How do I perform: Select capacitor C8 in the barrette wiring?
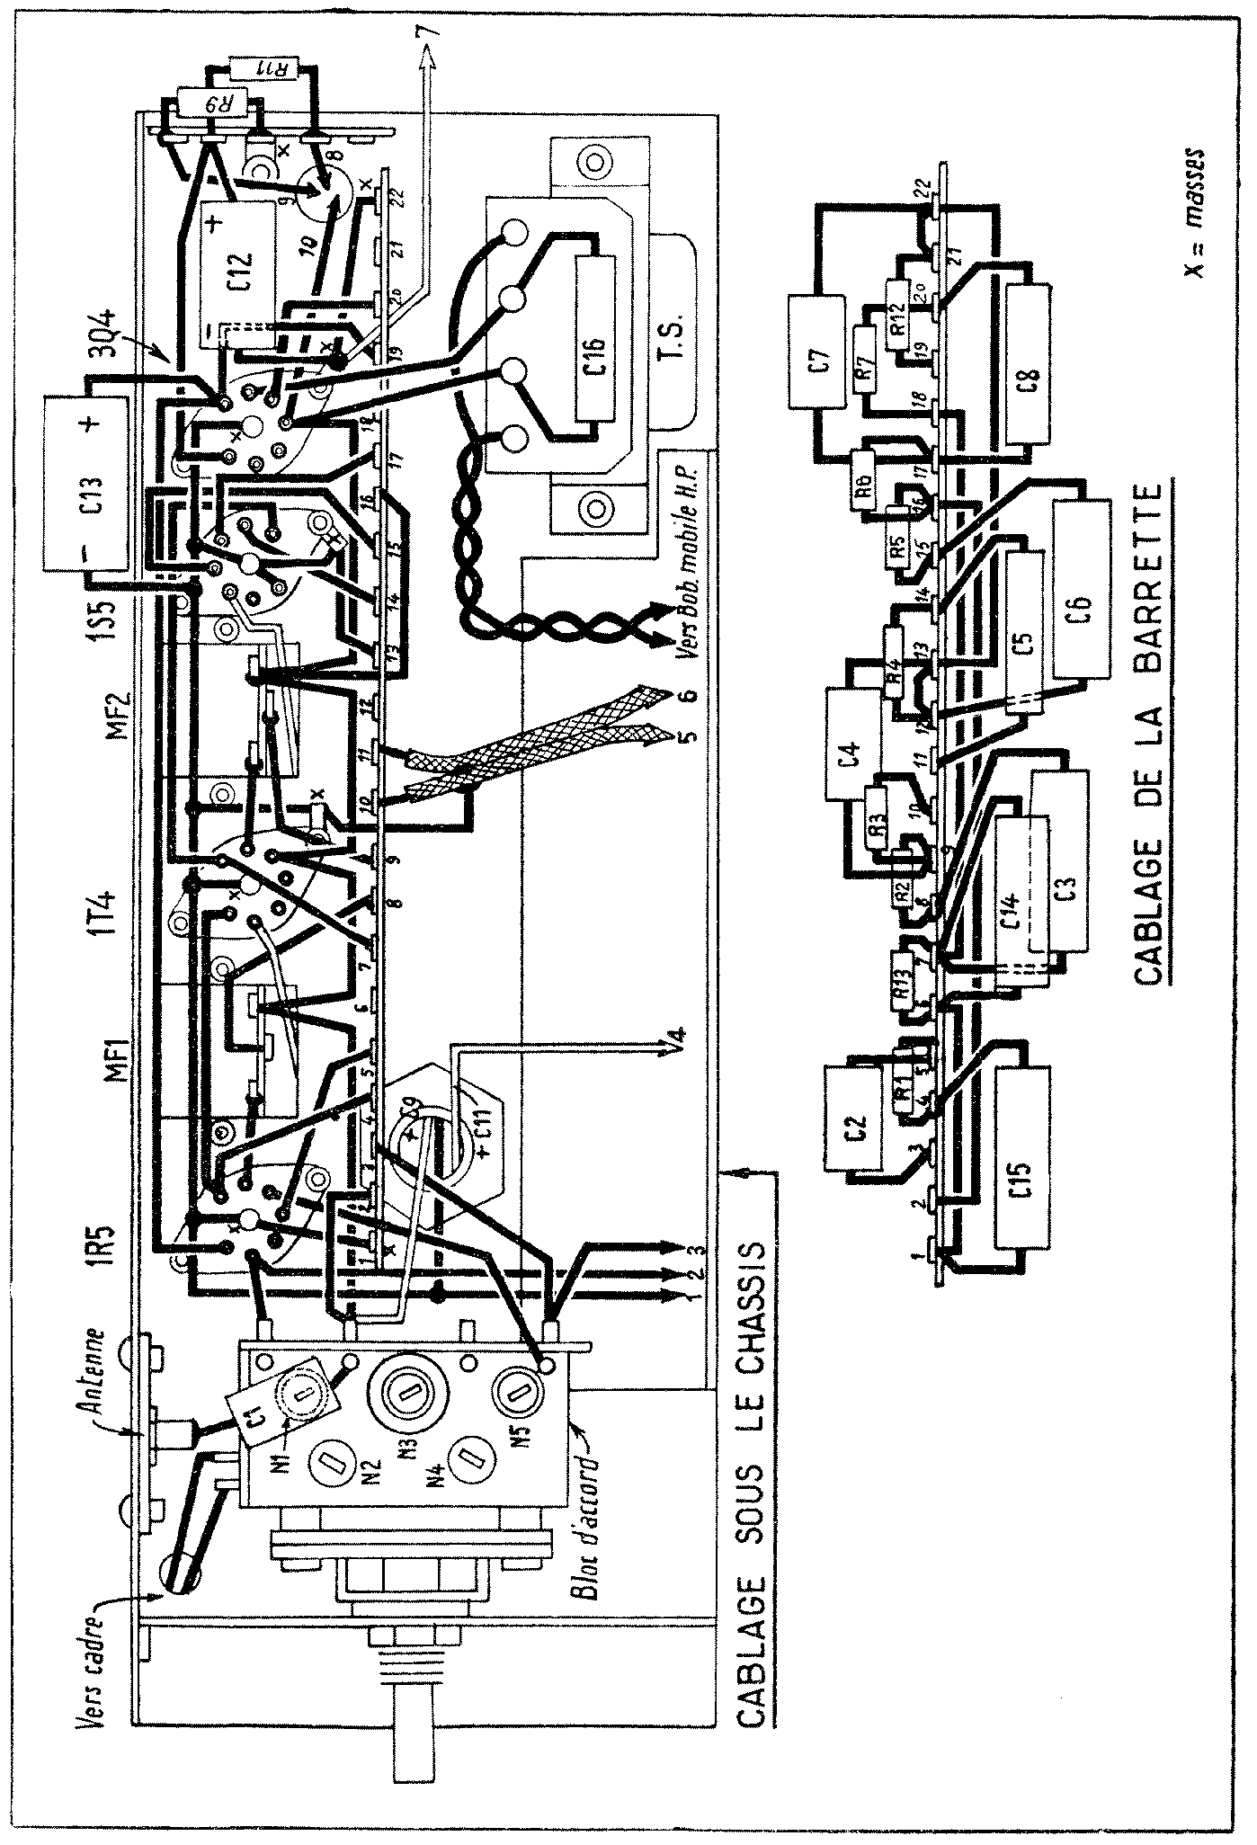[x=1031, y=361]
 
